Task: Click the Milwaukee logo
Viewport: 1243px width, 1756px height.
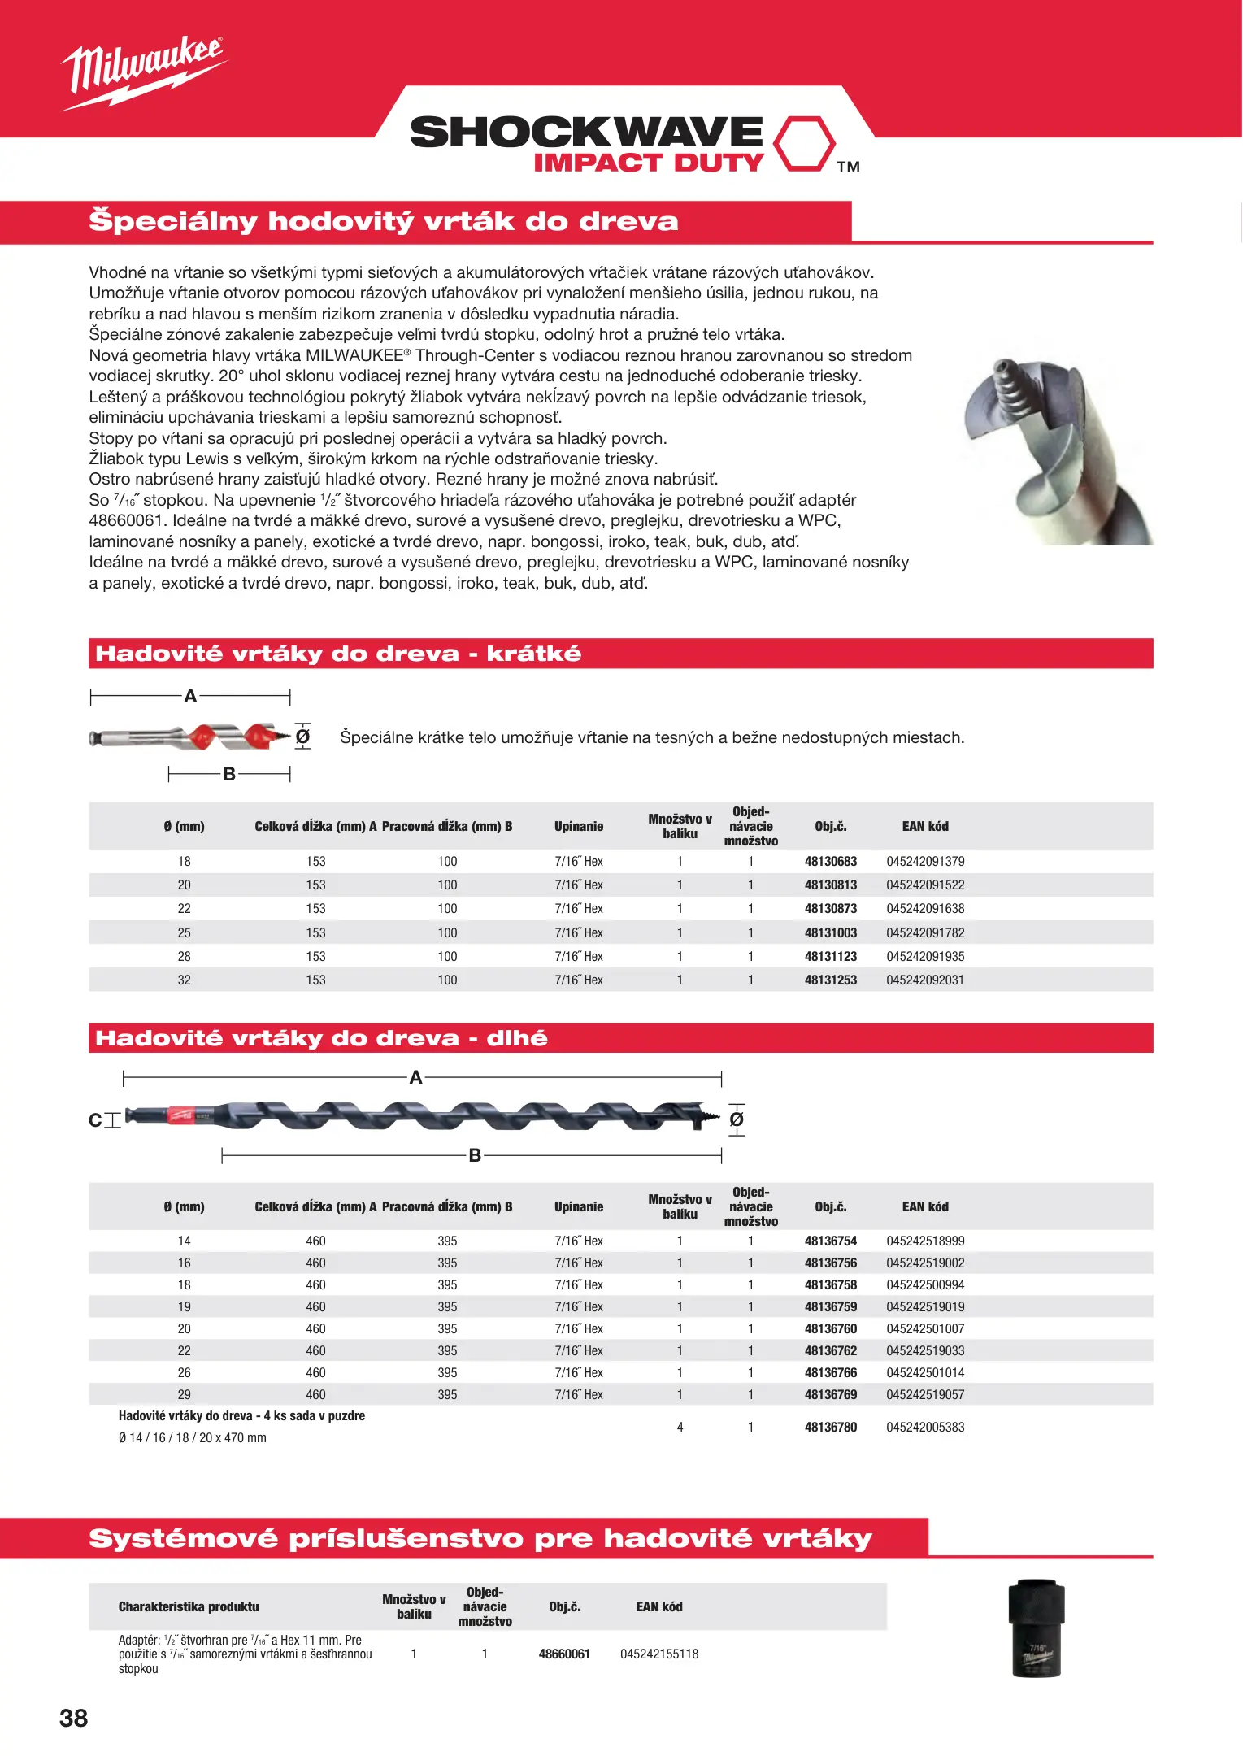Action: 142,72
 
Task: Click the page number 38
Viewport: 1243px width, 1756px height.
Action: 73,1718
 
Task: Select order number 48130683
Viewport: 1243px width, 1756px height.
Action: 830,861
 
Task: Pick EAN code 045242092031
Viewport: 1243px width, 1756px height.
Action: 925,980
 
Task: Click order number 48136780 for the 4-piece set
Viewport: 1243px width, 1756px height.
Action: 830,1427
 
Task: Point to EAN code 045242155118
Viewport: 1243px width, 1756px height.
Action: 659,1654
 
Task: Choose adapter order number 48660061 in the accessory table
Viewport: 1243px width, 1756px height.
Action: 564,1654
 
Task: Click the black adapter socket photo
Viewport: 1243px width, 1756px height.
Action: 1037,1628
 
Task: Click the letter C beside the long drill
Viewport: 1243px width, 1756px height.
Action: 95,1120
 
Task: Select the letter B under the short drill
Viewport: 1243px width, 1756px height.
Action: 229,774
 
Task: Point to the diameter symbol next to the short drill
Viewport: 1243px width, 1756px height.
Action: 302,737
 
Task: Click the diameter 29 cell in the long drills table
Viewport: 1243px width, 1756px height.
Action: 185,1394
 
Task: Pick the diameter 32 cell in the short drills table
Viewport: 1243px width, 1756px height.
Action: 185,980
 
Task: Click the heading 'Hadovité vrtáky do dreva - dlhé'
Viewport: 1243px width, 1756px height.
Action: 322,1038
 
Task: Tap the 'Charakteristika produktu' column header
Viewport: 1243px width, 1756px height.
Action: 189,1606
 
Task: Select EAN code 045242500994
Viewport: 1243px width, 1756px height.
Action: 925,1284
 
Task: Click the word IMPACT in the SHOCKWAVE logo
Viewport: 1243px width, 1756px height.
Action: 598,163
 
